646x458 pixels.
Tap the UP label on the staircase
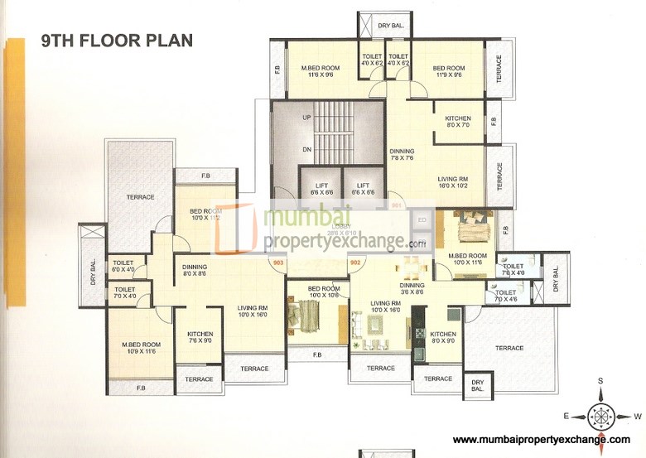coord(306,118)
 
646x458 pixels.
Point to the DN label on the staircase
coord(306,150)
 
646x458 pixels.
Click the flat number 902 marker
coord(355,263)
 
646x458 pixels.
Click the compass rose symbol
coord(601,412)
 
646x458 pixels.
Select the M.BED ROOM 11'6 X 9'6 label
coord(320,70)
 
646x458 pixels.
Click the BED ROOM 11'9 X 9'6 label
coord(449,70)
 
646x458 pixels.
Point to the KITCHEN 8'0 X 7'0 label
coord(457,122)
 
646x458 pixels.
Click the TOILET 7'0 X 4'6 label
coord(506,296)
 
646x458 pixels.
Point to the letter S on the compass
coord(601,382)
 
